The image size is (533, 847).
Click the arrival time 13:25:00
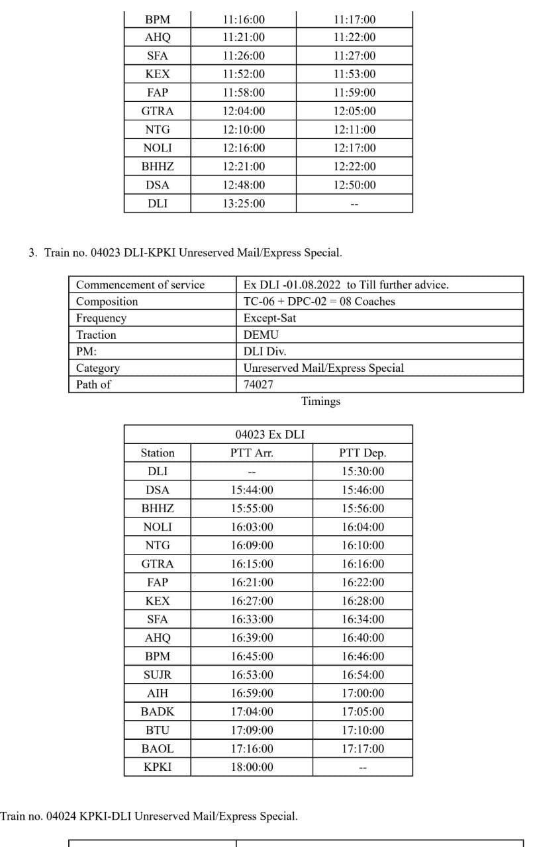coord(244,204)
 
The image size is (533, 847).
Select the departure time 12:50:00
coord(354,185)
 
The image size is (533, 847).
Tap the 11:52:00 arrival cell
coord(244,74)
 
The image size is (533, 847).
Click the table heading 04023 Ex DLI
coord(270,435)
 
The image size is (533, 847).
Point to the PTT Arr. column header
coord(252,453)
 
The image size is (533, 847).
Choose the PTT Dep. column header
coord(362,453)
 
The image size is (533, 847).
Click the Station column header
coord(158,453)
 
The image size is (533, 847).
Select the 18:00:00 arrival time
coord(252,768)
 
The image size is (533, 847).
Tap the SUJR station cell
coord(158,675)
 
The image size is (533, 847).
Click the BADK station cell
coord(158,712)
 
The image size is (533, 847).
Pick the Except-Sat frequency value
coord(269,318)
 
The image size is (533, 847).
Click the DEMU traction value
coord(261,335)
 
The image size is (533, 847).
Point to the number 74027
coord(259,384)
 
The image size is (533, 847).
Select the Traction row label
coord(96,335)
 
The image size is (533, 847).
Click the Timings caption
coord(320,401)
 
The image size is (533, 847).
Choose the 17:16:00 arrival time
coord(252,749)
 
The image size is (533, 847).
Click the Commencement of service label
coord(140,285)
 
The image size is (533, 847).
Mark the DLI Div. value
coord(265,351)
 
